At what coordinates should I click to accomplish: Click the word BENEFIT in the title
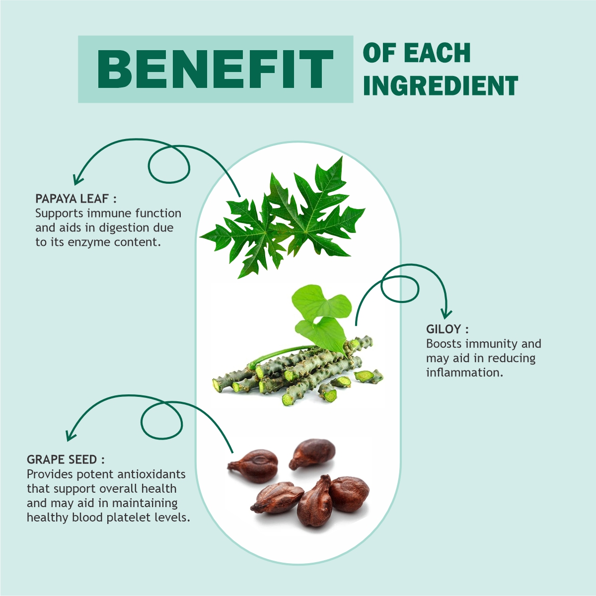coord(215,69)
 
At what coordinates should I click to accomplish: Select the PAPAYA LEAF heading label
coord(76,199)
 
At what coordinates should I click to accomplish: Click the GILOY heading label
coord(447,329)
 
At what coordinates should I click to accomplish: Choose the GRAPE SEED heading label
coord(66,459)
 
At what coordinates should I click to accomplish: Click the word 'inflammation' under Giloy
coord(463,372)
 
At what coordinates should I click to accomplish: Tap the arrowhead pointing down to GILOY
coord(446,313)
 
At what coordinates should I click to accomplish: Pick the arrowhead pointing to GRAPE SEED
coord(71,435)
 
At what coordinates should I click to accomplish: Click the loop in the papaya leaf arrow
coord(169,164)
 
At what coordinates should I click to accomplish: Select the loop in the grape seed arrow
coord(161,421)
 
